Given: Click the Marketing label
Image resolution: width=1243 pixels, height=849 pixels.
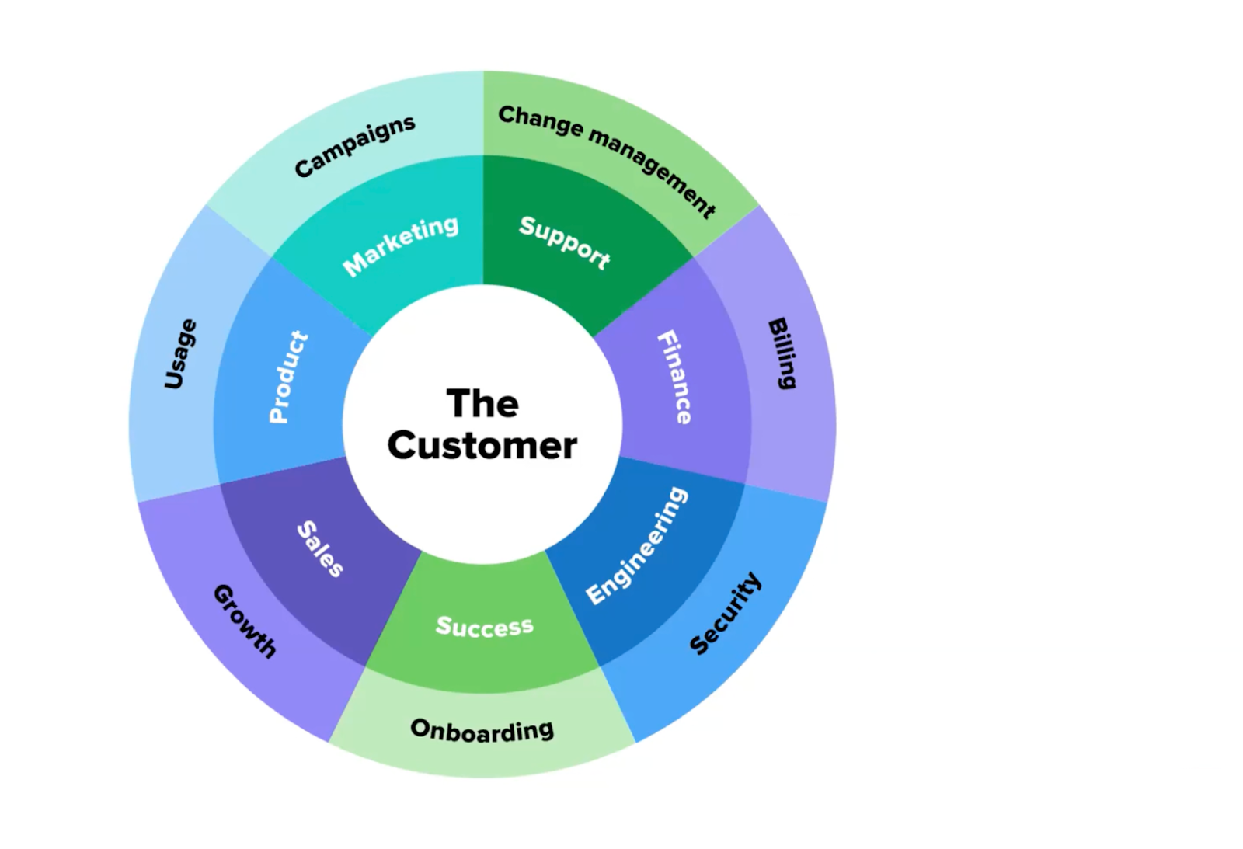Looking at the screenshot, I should (x=401, y=245).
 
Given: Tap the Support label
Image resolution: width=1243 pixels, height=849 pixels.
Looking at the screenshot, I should (x=565, y=242).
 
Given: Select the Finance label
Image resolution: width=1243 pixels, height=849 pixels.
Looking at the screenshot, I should (x=674, y=377).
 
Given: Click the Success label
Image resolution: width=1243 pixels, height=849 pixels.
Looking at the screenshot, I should (x=485, y=626).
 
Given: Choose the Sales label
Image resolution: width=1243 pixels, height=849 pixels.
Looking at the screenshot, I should (x=320, y=548).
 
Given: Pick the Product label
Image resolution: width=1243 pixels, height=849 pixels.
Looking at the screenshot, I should (x=288, y=377).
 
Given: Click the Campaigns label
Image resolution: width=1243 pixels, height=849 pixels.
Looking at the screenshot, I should (x=355, y=145).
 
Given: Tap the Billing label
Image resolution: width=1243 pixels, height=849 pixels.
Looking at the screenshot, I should (x=782, y=353).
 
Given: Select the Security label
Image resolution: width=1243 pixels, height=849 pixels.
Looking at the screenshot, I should (x=726, y=614).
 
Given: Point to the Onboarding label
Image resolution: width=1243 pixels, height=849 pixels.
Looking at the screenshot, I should (x=482, y=730).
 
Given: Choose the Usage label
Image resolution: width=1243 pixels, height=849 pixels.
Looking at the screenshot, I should (x=180, y=353).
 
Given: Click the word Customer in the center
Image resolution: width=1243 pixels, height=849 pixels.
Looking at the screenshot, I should (x=482, y=446).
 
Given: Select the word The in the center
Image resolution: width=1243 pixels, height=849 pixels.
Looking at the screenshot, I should (x=482, y=404).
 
